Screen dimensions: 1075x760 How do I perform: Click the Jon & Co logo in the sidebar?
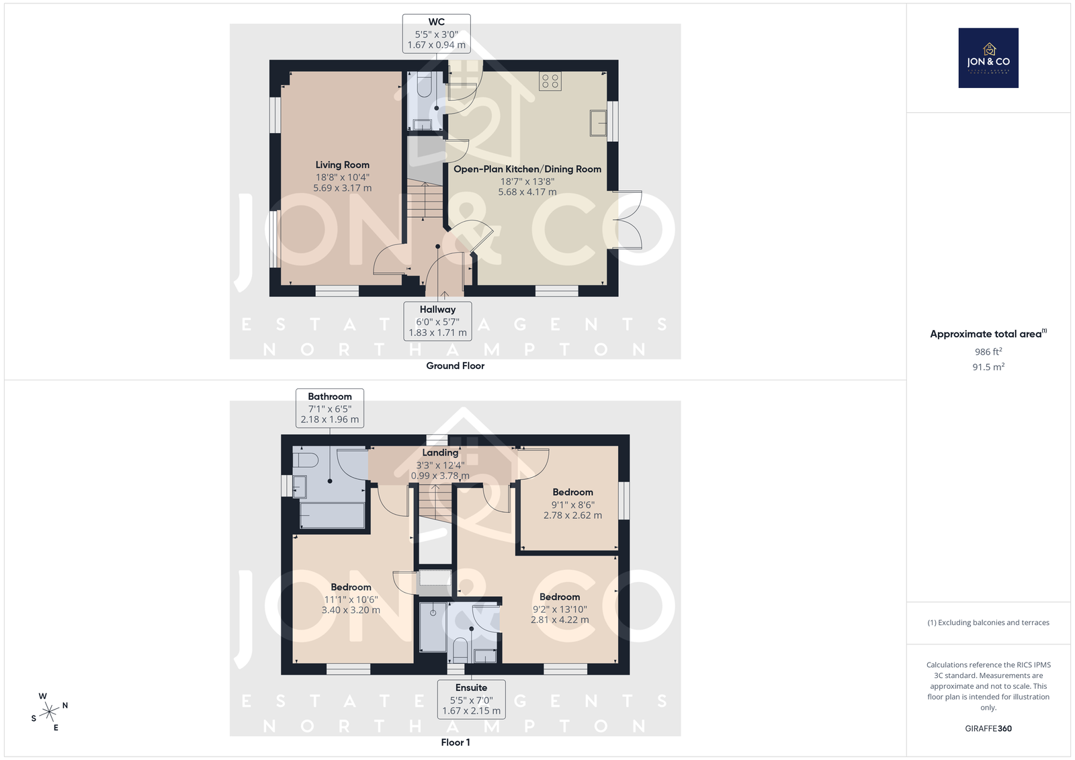[x=988, y=58]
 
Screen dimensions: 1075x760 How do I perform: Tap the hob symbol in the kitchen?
[x=550, y=81]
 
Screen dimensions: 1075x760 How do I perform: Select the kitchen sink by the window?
[x=599, y=123]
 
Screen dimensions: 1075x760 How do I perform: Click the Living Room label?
[x=342, y=165]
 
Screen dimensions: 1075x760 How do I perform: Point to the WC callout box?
[x=436, y=33]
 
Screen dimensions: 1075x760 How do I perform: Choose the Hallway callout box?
[x=437, y=321]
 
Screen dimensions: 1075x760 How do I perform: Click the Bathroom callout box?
[x=330, y=408]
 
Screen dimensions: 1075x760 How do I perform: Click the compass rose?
[x=50, y=712]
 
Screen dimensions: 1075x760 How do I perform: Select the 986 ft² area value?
[x=988, y=351]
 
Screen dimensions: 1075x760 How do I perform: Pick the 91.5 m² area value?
[x=988, y=367]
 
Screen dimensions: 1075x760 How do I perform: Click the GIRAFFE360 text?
[x=988, y=728]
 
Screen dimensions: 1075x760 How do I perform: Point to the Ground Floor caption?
[x=456, y=366]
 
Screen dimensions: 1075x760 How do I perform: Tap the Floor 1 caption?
[x=456, y=743]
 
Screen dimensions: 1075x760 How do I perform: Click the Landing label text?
[x=440, y=452]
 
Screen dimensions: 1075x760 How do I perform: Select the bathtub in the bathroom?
[x=332, y=515]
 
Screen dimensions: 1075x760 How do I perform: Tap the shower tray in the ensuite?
[x=433, y=628]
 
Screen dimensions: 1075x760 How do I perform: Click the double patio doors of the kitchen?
[x=628, y=220]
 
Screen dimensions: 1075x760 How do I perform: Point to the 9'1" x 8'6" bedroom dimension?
[x=572, y=505]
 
